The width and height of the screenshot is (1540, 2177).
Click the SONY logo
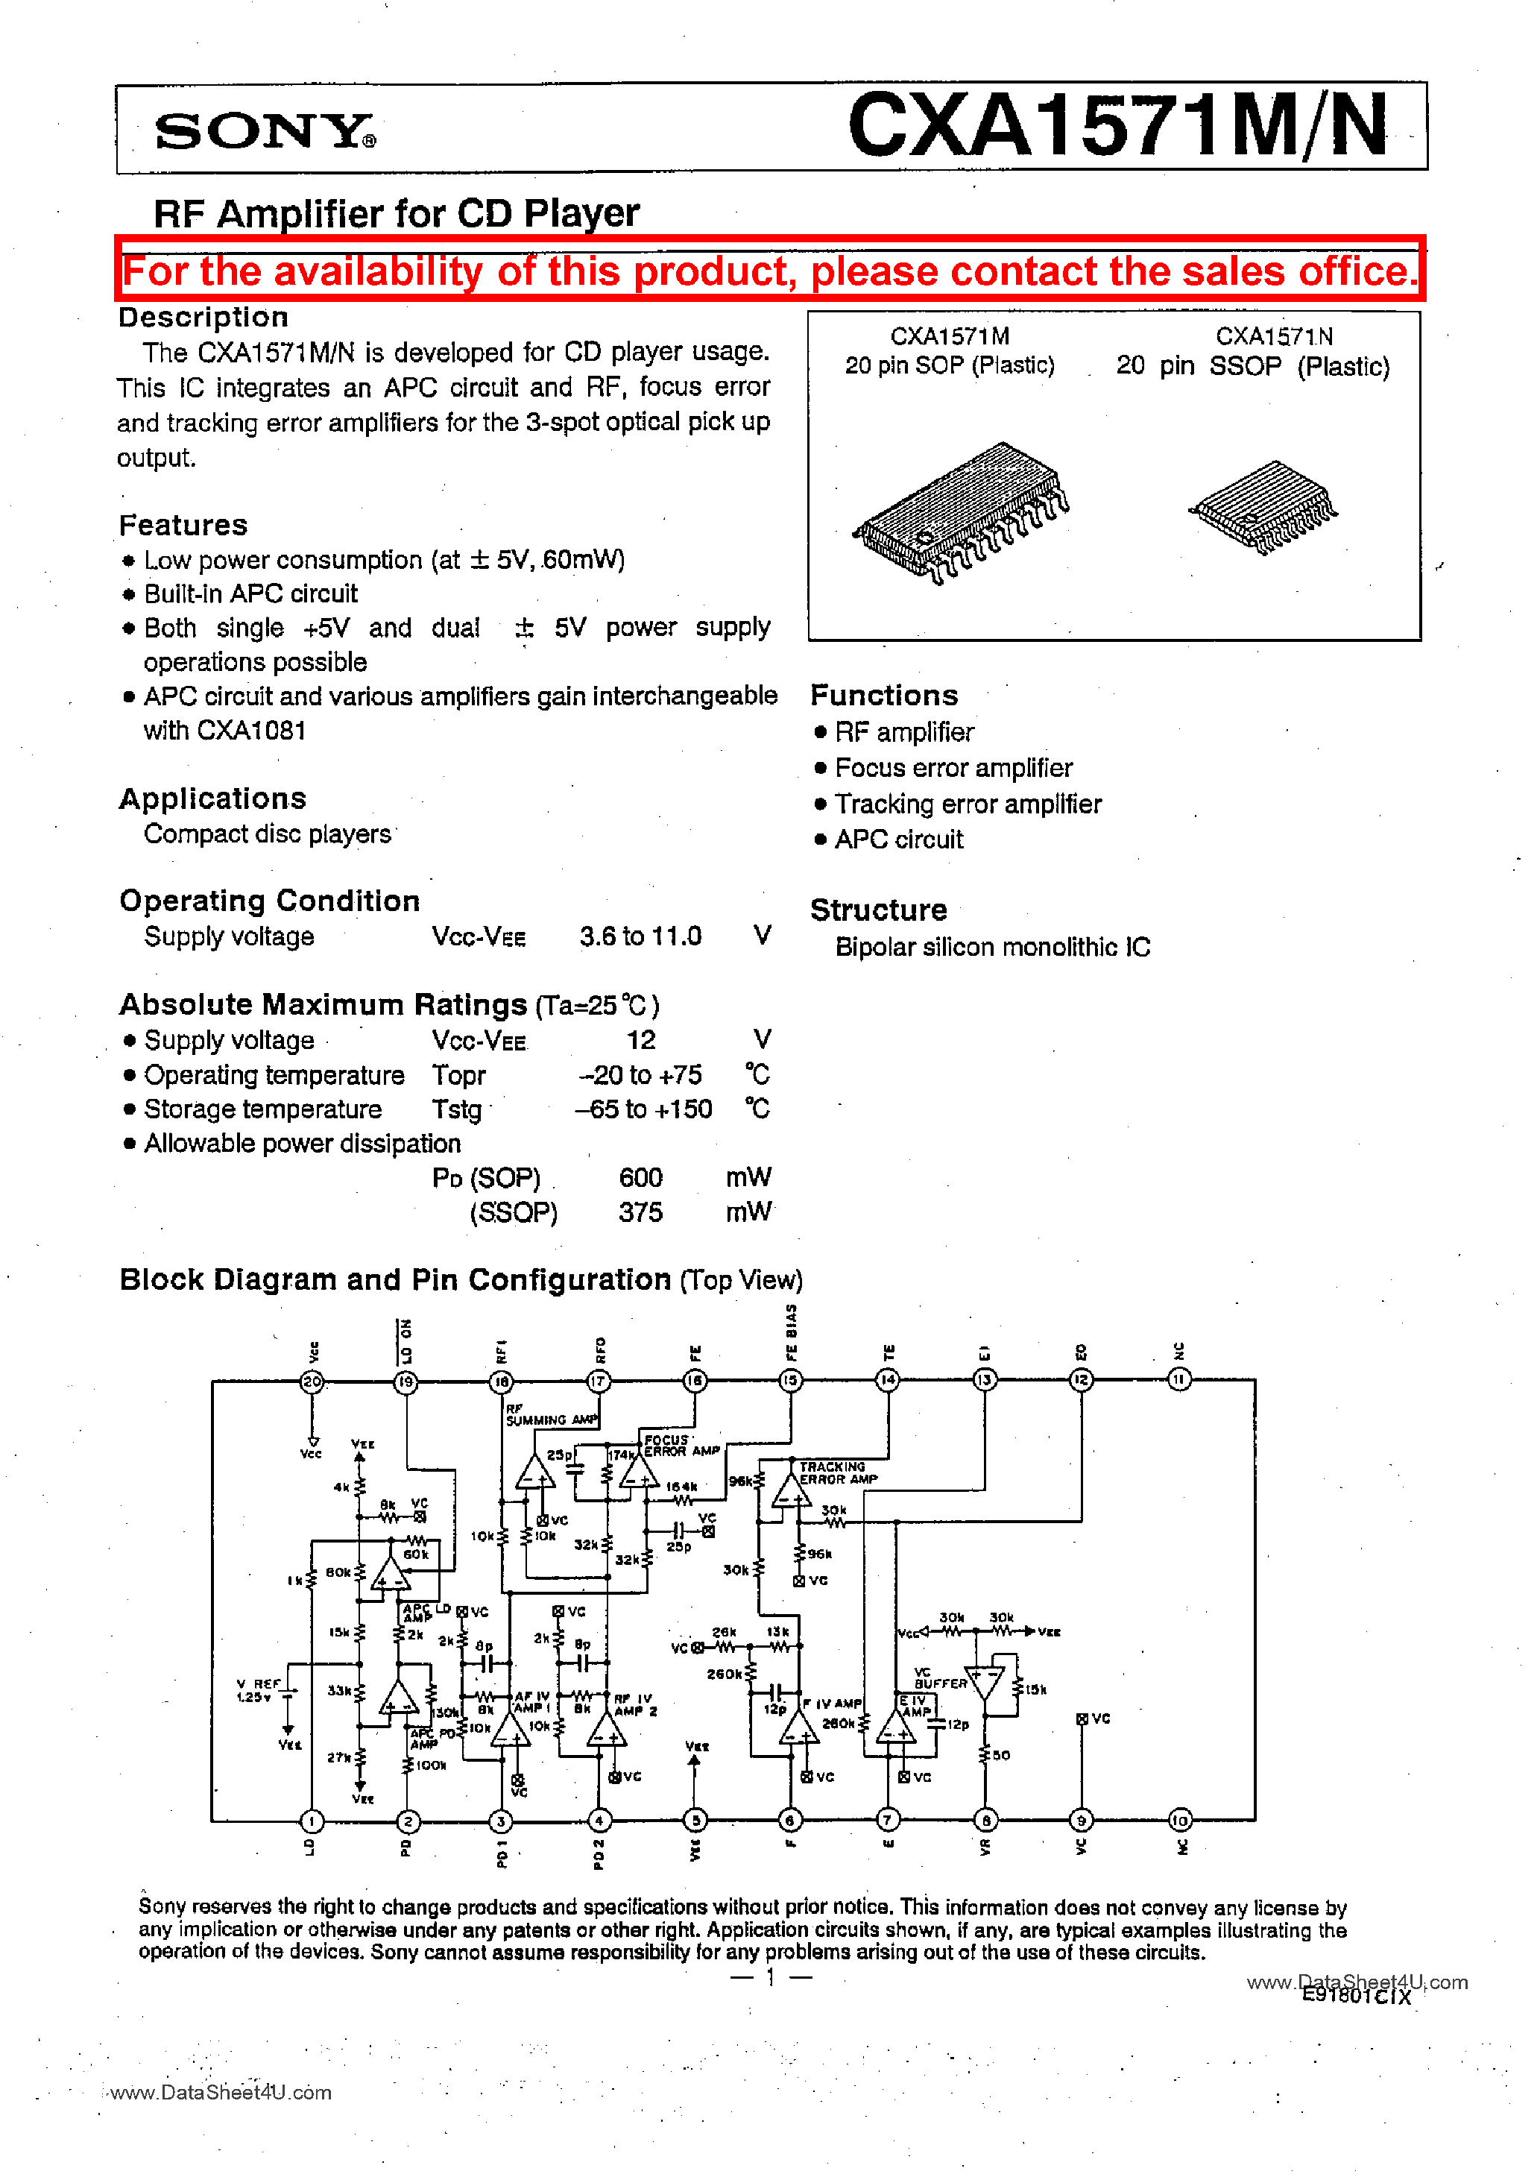click(265, 131)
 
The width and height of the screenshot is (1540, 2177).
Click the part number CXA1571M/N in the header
click(1118, 126)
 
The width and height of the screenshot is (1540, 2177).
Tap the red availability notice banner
click(770, 271)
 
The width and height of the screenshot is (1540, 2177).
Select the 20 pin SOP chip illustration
click(959, 512)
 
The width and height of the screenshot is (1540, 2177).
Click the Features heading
click(183, 526)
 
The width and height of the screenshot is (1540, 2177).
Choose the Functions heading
click(884, 696)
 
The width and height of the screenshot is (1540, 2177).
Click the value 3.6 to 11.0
click(640, 937)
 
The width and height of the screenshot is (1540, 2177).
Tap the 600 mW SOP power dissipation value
click(640, 1178)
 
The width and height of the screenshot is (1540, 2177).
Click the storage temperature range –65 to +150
click(644, 1109)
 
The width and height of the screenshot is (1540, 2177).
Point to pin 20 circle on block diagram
click(312, 1382)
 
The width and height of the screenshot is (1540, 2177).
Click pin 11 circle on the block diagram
click(1178, 1379)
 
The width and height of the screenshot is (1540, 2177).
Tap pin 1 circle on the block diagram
click(312, 1821)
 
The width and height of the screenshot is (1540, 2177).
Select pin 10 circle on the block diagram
click(1180, 1821)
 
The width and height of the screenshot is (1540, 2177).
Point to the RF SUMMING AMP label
click(551, 1416)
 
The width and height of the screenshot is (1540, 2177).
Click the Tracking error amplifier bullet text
click(968, 804)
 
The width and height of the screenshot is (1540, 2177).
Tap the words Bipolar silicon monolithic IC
click(992, 948)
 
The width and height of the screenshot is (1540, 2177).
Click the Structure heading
click(878, 910)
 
